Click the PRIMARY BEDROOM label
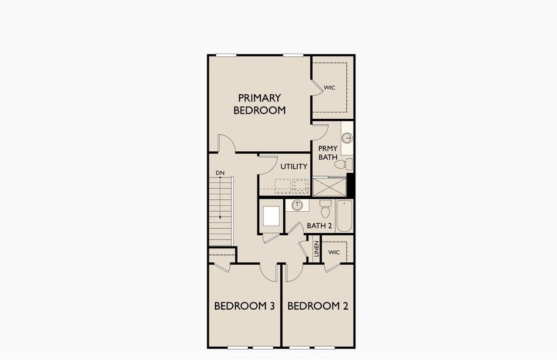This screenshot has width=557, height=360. point(259,104)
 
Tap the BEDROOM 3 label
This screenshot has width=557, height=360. point(244,305)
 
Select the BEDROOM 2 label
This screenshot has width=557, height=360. point(318,305)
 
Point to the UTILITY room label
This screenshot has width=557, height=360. point(294,166)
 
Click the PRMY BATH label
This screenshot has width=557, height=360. point(328,152)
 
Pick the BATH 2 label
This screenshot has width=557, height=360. point(319,226)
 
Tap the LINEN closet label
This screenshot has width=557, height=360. point(316,249)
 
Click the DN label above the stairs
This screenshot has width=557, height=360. point(220,173)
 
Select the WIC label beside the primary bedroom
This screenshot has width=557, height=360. point(330,88)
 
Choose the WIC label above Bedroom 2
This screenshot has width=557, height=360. point(334,252)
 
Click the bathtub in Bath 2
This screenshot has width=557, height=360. point(344,215)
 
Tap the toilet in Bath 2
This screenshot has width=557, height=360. point(325,209)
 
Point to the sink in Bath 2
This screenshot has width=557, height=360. point(297,205)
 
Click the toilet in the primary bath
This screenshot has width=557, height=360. point(343,164)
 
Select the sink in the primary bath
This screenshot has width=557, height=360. point(347,138)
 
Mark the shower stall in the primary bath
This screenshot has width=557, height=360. point(330,187)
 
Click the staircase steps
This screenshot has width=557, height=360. point(220,212)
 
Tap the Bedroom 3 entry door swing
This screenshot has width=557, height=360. point(268,272)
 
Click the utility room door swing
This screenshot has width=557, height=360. point(268,165)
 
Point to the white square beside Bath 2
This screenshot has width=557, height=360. point(271,216)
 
